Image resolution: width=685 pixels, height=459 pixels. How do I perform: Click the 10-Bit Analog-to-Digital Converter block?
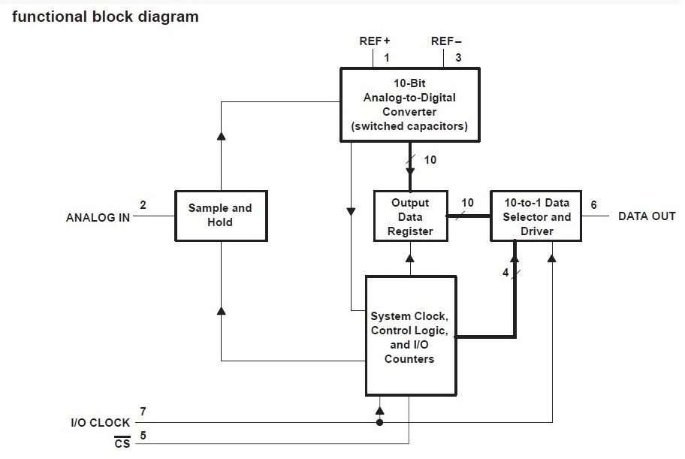click(410, 105)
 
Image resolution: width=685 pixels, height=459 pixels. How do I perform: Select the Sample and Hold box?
click(221, 216)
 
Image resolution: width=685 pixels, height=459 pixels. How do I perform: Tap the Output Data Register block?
click(411, 216)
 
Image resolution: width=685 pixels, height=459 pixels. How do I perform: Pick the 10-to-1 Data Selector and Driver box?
click(536, 216)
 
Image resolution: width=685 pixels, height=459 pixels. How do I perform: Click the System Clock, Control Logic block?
click(411, 336)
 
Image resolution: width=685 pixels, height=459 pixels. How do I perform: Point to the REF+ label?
click(374, 41)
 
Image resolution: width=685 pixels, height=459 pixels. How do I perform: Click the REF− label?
click(446, 41)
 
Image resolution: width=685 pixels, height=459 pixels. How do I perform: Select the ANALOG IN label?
click(98, 218)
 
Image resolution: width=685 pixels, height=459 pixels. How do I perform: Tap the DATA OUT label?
click(647, 216)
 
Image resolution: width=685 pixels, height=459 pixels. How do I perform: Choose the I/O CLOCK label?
click(101, 423)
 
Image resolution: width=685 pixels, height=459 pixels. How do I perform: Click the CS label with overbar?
click(122, 442)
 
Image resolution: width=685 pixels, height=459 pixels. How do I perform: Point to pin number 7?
click(143, 412)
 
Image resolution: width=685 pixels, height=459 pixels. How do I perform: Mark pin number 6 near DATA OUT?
click(593, 204)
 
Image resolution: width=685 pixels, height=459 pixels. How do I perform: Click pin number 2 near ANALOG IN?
click(143, 204)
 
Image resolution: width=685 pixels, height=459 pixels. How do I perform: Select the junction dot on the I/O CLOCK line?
click(379, 423)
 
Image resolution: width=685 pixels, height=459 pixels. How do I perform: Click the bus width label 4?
click(505, 273)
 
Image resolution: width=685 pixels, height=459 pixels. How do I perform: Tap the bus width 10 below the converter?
click(430, 160)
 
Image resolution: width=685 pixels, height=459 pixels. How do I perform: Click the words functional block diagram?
click(105, 17)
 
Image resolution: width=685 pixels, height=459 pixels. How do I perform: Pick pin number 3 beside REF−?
click(458, 58)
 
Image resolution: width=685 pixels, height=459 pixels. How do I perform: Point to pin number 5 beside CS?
click(143, 436)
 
